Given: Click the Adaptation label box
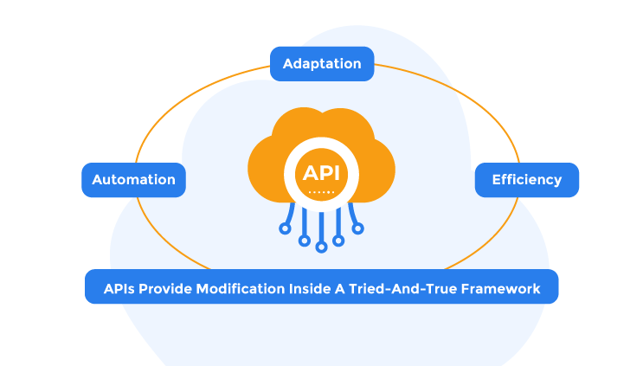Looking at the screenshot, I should [x=321, y=64].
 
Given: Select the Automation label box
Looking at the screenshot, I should [x=133, y=180].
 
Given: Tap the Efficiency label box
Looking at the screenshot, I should [x=526, y=180].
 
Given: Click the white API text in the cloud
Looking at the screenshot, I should [x=321, y=172].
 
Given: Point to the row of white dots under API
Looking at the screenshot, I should [x=321, y=191].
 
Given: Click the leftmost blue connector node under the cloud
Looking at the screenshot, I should [x=285, y=228].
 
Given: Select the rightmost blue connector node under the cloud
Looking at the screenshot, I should [x=357, y=228].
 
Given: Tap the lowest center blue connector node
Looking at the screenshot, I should [x=321, y=247].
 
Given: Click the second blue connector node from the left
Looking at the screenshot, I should [x=303, y=239].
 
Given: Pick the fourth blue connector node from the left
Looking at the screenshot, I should [x=339, y=239].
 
